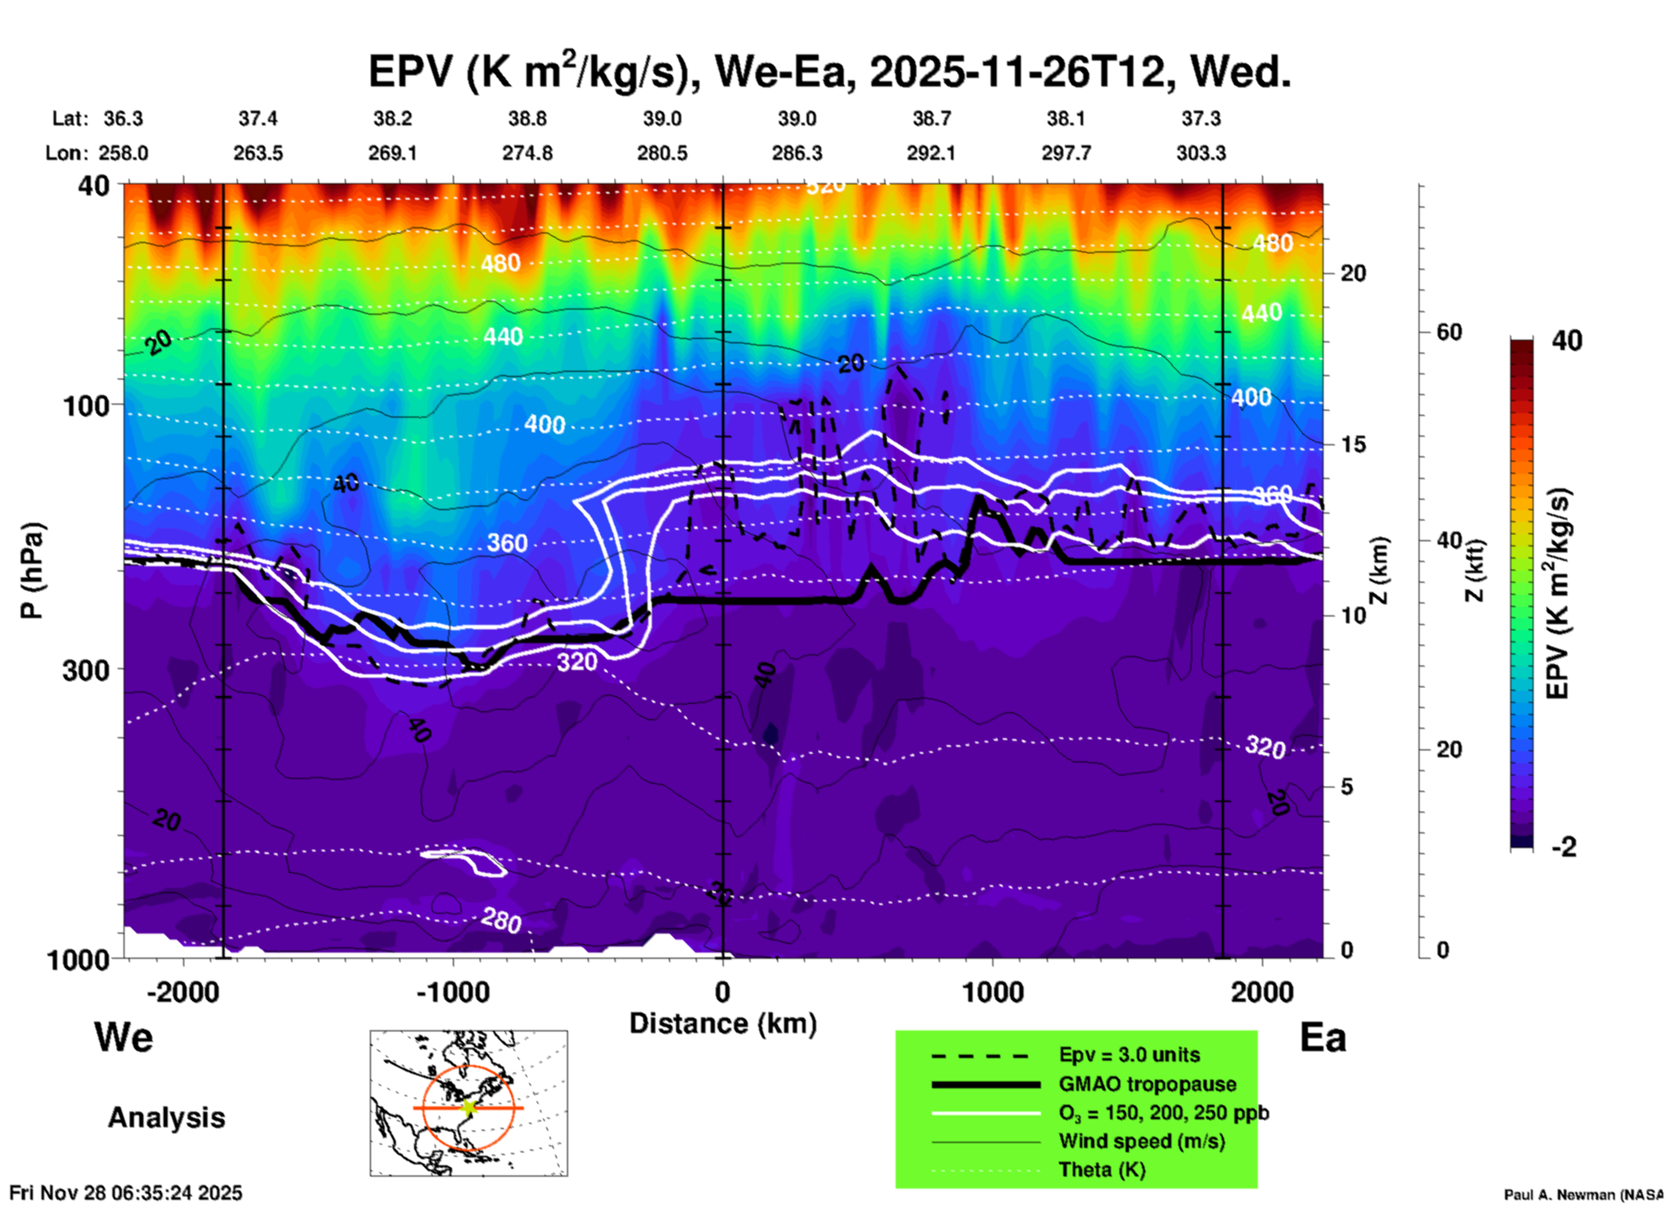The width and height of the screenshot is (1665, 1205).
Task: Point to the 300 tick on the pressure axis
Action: coord(86,669)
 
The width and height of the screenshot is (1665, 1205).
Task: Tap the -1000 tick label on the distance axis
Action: coord(453,991)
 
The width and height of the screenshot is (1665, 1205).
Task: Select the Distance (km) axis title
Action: coord(723,1023)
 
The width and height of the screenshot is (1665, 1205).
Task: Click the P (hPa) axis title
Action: coord(31,571)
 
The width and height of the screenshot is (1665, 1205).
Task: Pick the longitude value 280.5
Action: coord(662,153)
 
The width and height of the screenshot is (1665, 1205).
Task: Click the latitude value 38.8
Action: coord(527,118)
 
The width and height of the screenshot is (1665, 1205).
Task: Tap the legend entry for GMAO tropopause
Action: coord(1147,1084)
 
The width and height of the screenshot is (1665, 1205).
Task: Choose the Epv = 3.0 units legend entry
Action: coord(1129,1055)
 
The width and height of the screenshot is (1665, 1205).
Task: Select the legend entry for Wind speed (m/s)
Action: coord(1141,1141)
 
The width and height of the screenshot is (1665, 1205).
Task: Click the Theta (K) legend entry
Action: coord(1102,1170)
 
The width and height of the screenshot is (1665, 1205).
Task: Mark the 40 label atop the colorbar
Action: coord(1566,341)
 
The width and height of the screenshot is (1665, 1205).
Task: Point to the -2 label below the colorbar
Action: coord(1564,847)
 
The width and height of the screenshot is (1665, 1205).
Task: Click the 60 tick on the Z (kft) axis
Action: coord(1449,332)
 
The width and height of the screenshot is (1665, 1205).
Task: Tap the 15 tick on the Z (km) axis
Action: coord(1353,444)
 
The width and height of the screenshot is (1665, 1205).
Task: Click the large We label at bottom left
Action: coord(124,1036)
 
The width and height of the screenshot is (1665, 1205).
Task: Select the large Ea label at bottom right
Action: coord(1323,1037)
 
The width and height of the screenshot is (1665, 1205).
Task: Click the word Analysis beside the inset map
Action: coord(166,1118)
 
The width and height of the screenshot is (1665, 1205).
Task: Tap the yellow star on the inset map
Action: coord(469,1107)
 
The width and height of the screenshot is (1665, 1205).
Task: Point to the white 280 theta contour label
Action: coord(501,920)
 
